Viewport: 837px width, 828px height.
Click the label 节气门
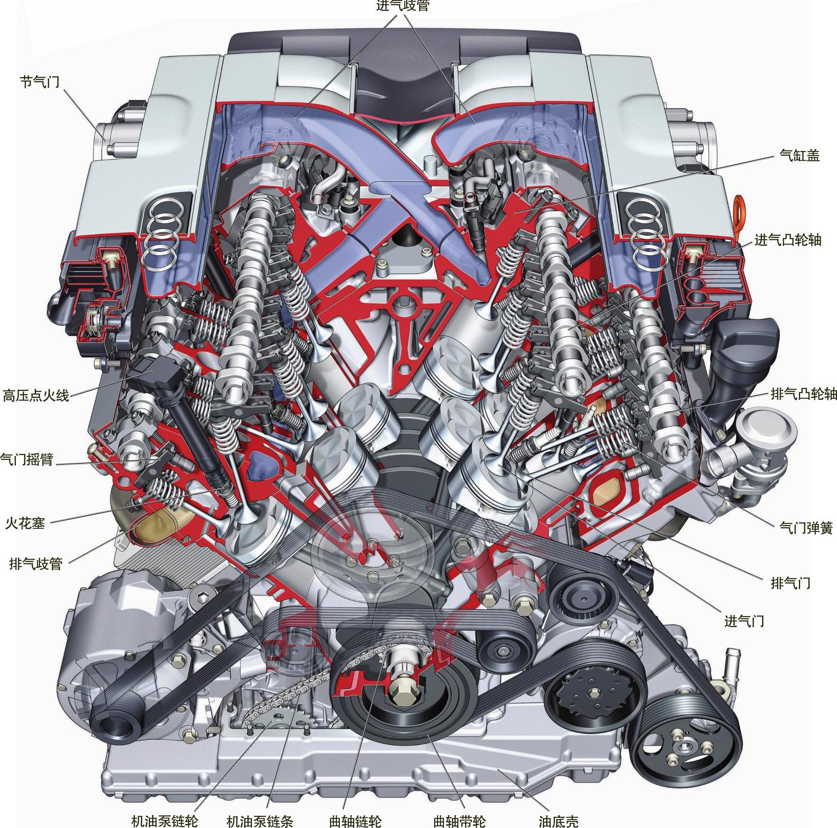(x=40, y=82)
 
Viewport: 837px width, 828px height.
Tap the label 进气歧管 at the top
(x=402, y=6)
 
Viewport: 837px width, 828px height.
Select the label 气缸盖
(x=800, y=155)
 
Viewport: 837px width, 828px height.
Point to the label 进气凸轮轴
(x=788, y=239)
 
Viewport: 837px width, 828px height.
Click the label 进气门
(x=744, y=621)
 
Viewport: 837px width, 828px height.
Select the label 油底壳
(x=558, y=820)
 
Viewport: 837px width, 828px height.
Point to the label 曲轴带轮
(x=459, y=820)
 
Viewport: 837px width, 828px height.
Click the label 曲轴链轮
(x=356, y=820)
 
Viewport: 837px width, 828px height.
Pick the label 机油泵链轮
(x=165, y=820)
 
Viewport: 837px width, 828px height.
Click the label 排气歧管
(x=36, y=563)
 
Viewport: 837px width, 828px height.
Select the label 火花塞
(x=25, y=523)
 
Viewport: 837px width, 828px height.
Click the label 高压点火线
(x=36, y=395)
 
